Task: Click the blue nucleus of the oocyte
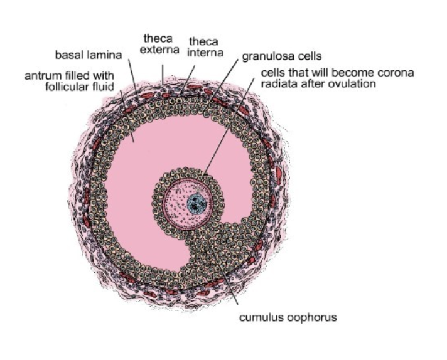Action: tap(197, 203)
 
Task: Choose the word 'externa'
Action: tap(159, 50)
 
